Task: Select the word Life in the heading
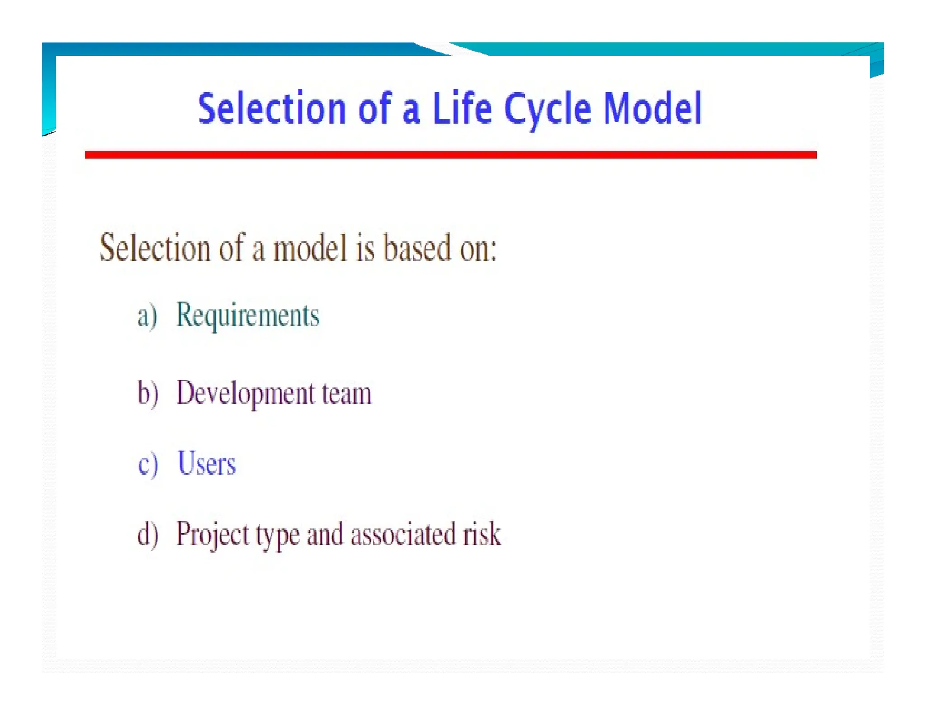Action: click(x=462, y=108)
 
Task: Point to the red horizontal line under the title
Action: click(x=450, y=155)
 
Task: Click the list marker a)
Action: click(x=147, y=315)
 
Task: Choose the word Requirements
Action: click(x=247, y=315)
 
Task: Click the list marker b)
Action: click(x=148, y=393)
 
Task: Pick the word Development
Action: click(x=245, y=393)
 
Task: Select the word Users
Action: click(x=207, y=463)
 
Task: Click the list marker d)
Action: click(x=148, y=534)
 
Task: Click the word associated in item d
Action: click(x=403, y=534)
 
